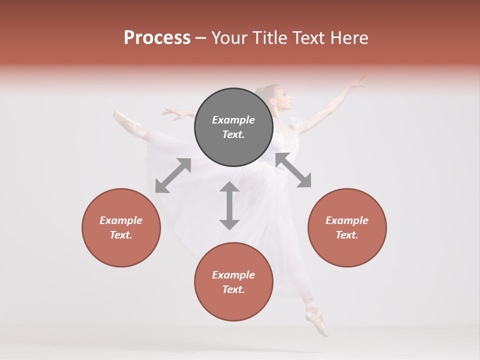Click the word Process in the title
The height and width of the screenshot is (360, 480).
[157, 38]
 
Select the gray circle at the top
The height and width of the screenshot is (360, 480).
[233, 127]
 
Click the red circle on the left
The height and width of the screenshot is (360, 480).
[121, 227]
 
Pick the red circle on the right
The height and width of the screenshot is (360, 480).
[347, 227]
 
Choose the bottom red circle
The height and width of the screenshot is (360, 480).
[233, 281]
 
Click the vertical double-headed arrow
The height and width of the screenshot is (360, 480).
[229, 205]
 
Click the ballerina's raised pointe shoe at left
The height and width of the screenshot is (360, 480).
[123, 118]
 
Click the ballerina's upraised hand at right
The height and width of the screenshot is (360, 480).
[358, 81]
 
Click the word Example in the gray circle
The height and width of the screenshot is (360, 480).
[233, 120]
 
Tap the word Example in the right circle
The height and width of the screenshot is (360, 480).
[347, 220]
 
